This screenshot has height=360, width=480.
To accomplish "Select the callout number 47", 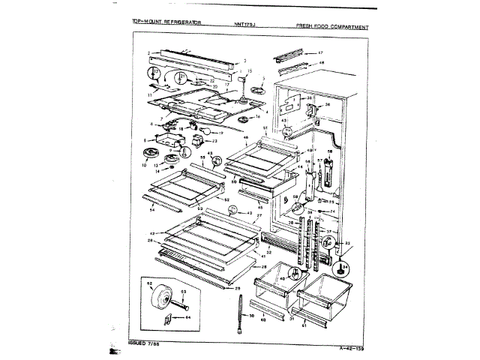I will [320, 52].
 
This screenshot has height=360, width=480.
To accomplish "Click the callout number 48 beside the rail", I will [321, 63].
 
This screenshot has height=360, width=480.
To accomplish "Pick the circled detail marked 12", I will [154, 73].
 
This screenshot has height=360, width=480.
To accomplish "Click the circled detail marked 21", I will [181, 77].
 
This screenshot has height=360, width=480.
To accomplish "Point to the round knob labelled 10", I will [147, 154].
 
